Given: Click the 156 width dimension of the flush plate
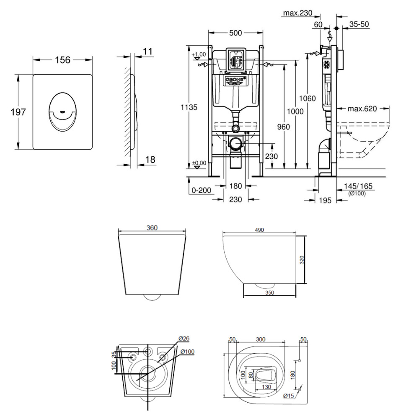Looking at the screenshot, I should click(63, 60).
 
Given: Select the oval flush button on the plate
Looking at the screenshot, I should click(63, 110).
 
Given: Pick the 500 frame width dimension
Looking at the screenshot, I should click(236, 33).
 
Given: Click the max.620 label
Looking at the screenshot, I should click(362, 109).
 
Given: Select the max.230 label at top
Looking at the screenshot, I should click(297, 13).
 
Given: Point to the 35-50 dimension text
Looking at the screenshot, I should click(359, 24).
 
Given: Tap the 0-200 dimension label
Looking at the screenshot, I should click(201, 190).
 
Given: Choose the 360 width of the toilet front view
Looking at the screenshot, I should click(152, 228).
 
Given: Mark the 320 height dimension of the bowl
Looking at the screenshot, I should click(302, 259).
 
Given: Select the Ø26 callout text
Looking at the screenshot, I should click(184, 339).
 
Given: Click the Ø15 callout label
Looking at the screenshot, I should click(288, 396).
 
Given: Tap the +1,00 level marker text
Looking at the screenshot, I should click(199, 54).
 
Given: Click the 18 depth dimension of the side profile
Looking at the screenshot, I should click(150, 159).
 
